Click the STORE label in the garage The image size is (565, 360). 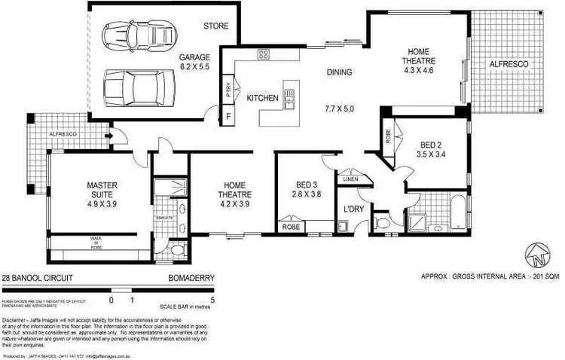coord(215,26)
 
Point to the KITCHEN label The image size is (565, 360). coord(263,99)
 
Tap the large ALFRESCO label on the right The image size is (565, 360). coord(509,65)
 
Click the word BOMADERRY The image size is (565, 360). coord(192,278)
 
